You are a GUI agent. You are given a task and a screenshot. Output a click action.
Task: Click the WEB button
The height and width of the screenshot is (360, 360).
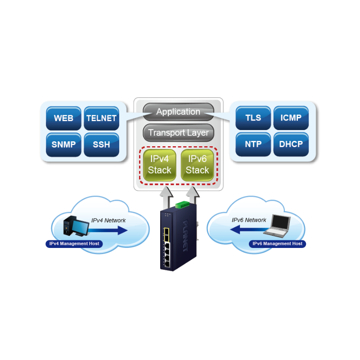(x=63, y=118)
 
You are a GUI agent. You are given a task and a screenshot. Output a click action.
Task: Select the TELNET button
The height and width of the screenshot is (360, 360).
(x=101, y=118)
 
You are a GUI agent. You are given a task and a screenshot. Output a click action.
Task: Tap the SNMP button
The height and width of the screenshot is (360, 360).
(x=63, y=144)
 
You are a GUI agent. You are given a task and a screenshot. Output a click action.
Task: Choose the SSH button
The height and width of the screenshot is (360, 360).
(x=101, y=144)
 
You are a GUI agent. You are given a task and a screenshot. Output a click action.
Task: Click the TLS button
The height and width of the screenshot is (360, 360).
(x=253, y=118)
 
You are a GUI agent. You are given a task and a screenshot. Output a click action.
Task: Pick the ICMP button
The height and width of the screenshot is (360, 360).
(x=291, y=118)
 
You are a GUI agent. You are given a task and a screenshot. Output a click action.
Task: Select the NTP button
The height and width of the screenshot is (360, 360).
(x=253, y=144)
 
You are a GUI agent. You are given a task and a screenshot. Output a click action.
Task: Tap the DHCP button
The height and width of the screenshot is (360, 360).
(x=291, y=144)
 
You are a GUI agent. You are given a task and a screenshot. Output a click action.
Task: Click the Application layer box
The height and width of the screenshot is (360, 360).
(x=178, y=112)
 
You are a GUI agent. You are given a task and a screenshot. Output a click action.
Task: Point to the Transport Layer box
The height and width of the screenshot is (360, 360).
(x=178, y=133)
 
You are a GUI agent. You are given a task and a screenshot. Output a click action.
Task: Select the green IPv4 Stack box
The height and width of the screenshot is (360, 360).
(x=160, y=165)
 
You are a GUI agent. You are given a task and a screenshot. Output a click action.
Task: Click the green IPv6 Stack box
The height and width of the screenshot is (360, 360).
(x=197, y=165)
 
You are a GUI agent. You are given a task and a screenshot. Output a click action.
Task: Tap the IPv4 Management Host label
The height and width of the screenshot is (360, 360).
(x=74, y=243)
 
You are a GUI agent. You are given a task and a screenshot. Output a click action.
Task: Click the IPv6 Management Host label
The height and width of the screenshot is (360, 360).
(x=277, y=243)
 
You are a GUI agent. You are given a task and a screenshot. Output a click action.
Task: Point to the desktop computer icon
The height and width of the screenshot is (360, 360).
(x=73, y=225)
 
